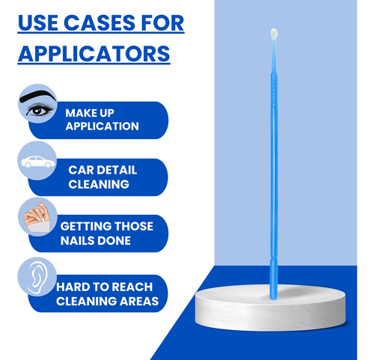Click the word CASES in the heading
click(99, 23)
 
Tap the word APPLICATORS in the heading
click(94, 54)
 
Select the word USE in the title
click(37, 23)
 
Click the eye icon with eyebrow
click(38, 104)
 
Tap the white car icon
click(38, 162)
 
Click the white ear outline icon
click(37, 277)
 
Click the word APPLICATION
click(102, 126)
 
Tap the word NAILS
click(77, 241)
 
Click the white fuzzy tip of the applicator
click(274, 34)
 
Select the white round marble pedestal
click(270, 308)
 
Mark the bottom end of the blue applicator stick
click(274, 299)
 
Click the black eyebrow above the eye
click(38, 96)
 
